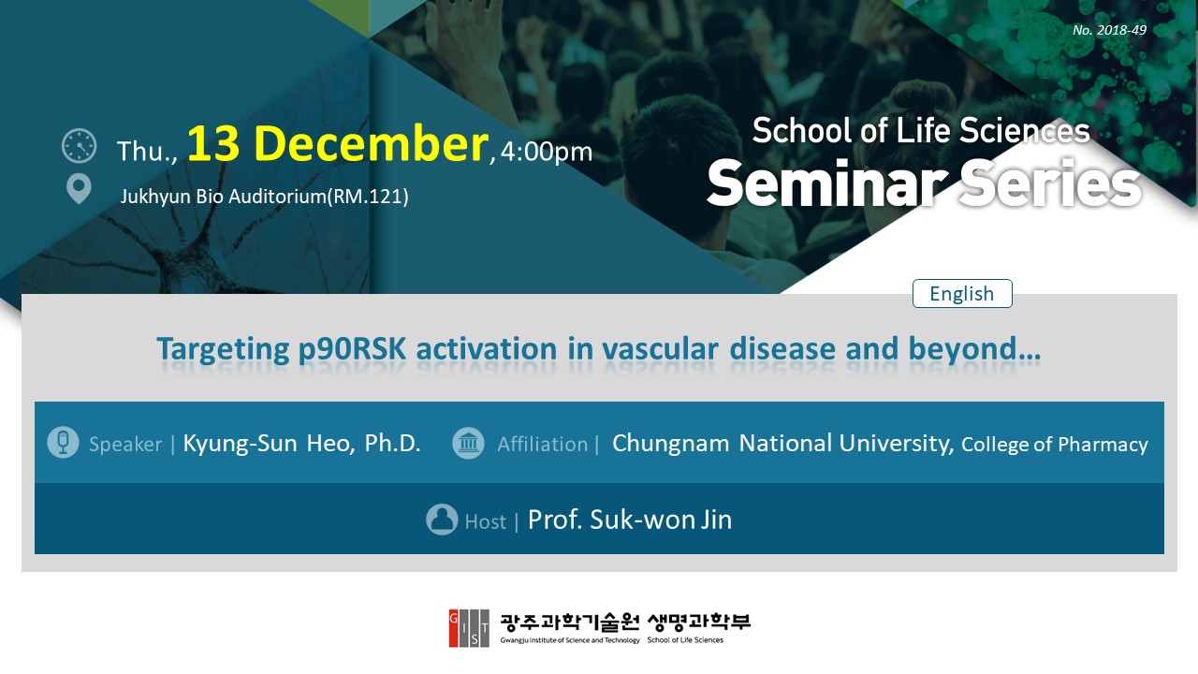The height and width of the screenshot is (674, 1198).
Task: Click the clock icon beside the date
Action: [x=80, y=145]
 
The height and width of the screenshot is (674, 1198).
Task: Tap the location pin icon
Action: [x=79, y=189]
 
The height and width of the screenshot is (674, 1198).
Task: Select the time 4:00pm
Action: [x=546, y=152]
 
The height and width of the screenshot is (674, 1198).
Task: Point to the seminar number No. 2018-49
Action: [x=1109, y=30]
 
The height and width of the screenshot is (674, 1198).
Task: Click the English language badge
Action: [x=962, y=294]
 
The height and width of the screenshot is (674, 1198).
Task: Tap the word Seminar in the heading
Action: [x=825, y=183]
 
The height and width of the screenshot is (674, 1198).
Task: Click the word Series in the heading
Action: [x=1049, y=183]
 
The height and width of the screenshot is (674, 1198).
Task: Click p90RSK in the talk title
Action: [x=351, y=350]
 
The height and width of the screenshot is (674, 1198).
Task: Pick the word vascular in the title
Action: [x=660, y=349]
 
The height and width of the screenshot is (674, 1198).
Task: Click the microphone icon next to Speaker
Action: [x=63, y=443]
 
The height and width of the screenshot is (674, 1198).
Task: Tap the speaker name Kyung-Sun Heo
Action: [x=268, y=444]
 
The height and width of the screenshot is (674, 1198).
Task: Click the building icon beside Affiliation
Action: [x=468, y=444]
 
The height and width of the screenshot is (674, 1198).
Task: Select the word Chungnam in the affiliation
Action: [x=670, y=444]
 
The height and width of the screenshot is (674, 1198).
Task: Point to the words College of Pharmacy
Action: [x=1055, y=445]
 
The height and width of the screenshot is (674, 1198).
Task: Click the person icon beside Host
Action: [x=442, y=520]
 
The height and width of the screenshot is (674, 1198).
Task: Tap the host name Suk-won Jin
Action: [x=661, y=520]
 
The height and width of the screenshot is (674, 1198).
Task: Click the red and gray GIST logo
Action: [x=469, y=628]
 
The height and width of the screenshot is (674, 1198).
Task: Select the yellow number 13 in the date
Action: [x=212, y=143]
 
